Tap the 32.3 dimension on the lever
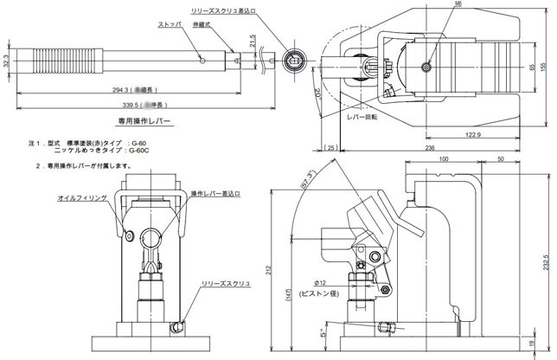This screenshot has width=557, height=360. [7, 61]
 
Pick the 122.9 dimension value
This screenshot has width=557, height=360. [471, 135]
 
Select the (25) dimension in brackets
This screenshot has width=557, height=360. [333, 147]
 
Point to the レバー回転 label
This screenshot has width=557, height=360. [363, 114]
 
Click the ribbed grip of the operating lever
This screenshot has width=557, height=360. [48, 62]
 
